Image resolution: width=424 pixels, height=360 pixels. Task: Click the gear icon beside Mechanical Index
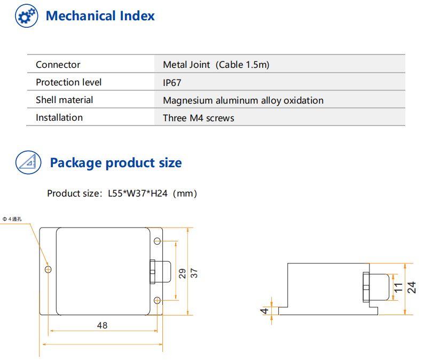click(x=27, y=15)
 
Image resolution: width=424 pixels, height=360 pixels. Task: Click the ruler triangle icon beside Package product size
click(x=28, y=162)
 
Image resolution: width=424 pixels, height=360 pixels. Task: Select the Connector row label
click(x=58, y=65)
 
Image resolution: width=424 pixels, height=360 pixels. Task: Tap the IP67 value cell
click(x=172, y=82)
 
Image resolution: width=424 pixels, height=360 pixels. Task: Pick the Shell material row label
click(x=65, y=100)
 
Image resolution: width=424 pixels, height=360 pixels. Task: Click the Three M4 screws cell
click(x=199, y=118)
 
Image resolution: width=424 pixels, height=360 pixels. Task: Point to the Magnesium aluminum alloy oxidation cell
click(x=243, y=100)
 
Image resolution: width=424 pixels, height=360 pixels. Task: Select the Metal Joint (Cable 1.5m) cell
click(x=216, y=65)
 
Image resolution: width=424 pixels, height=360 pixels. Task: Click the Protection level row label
click(x=69, y=82)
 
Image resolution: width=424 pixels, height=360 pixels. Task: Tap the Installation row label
click(x=59, y=118)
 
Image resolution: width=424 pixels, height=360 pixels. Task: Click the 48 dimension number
click(x=102, y=325)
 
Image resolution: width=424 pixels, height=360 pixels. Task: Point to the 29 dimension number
click(x=182, y=273)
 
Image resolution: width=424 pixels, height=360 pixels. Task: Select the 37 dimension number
click(x=194, y=273)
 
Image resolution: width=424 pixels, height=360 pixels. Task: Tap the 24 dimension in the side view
click(x=411, y=287)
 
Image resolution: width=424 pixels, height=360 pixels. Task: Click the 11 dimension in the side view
click(x=398, y=287)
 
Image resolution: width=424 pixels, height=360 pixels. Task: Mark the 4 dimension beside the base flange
click(x=264, y=311)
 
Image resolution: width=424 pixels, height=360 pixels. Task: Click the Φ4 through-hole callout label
click(x=12, y=219)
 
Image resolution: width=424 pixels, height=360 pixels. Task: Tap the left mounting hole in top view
click(x=48, y=269)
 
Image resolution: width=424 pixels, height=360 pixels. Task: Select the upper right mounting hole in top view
click(x=157, y=241)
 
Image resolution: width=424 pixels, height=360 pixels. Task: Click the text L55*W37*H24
click(x=138, y=193)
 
